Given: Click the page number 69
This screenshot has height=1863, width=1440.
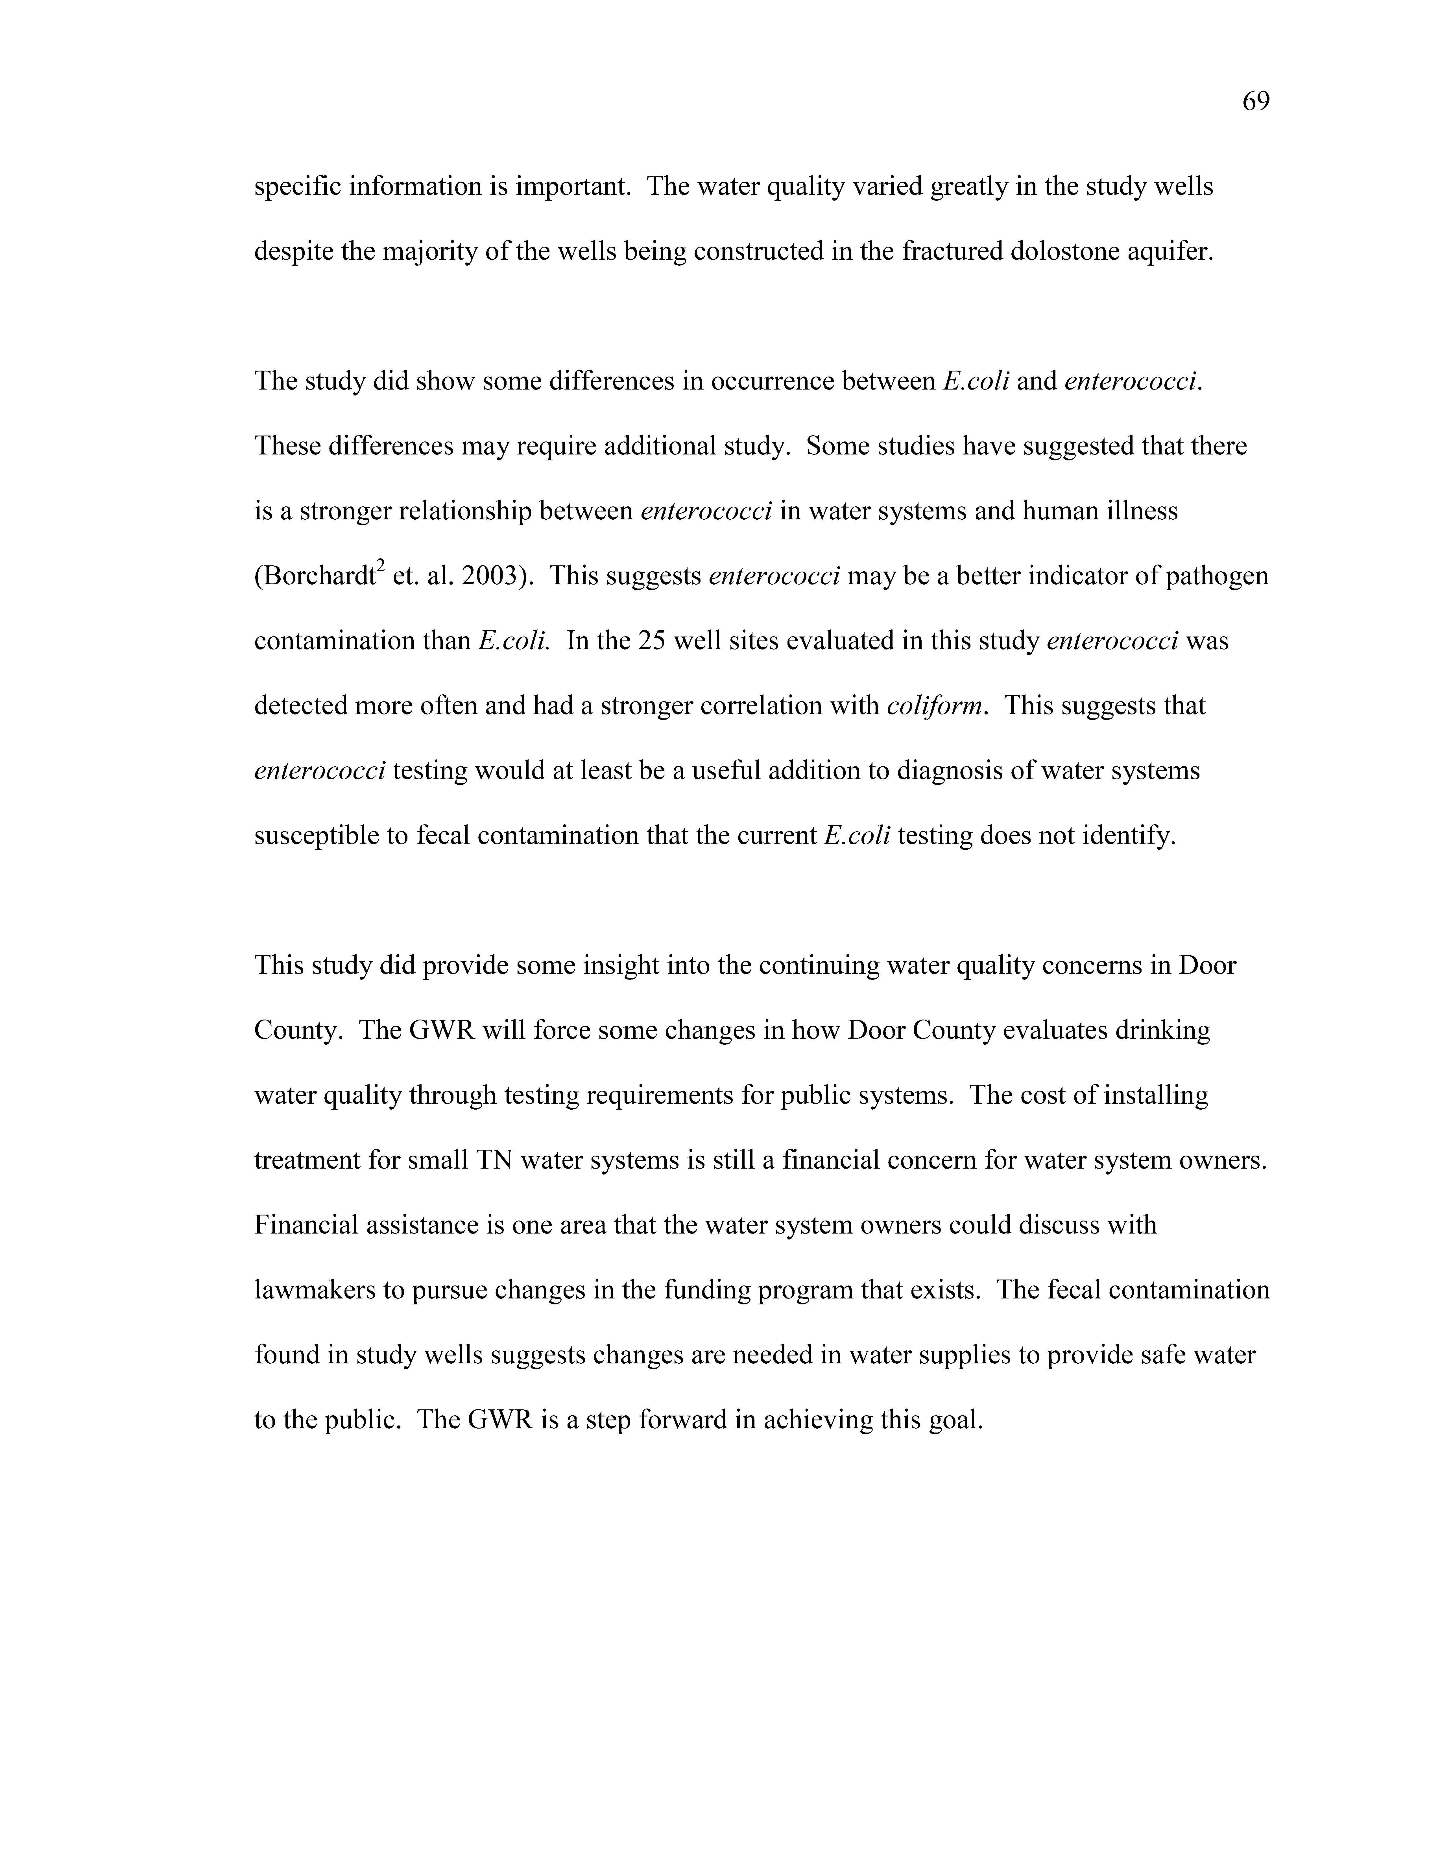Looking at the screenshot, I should pos(1256,102).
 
